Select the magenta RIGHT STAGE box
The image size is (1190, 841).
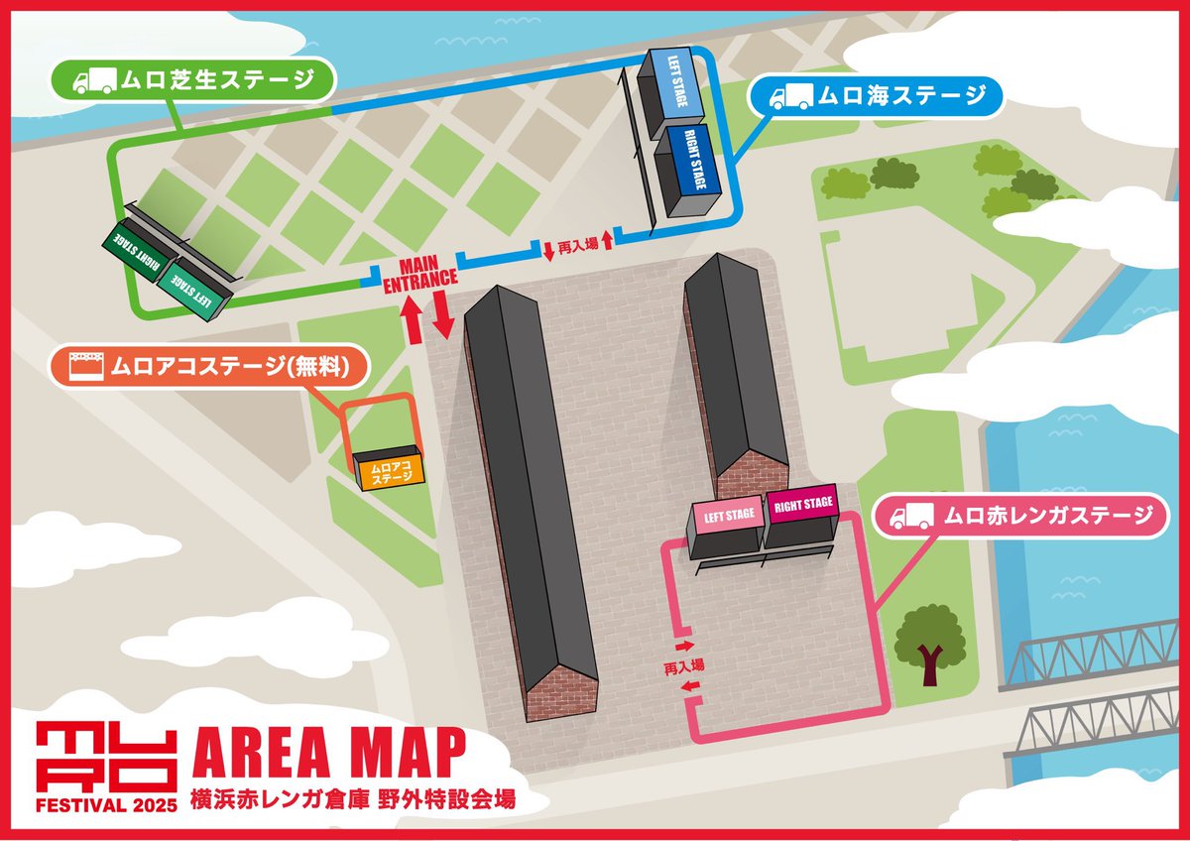coord(802,509)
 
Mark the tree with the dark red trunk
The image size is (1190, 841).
coord(930,643)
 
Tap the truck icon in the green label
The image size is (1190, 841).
coord(94,79)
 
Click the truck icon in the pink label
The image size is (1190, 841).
coord(910,517)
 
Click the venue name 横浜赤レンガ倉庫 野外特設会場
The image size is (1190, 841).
coord(352,799)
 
